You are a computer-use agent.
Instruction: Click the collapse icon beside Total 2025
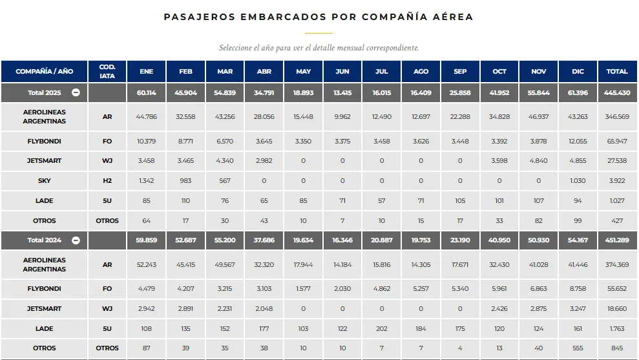[76, 92]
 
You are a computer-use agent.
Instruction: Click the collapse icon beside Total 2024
[76, 240]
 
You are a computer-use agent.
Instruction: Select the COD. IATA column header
[107, 71]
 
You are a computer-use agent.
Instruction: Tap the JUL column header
[382, 72]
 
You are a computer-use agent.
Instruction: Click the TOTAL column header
[617, 72]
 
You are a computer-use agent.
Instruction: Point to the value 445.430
[617, 92]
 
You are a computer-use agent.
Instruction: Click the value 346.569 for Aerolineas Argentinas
[617, 117]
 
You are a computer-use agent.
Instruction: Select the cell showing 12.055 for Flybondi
[578, 142]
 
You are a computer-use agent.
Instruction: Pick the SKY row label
[45, 181]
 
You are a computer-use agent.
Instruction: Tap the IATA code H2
[107, 181]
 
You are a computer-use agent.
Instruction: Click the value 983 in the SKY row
[186, 181]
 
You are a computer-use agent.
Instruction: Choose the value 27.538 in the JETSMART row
[617, 161]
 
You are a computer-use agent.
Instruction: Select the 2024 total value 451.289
[617, 240]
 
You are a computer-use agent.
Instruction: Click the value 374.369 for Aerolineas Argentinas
[617, 265]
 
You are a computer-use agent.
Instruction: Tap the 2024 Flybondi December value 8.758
[578, 289]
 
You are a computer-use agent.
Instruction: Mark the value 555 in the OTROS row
[578, 348]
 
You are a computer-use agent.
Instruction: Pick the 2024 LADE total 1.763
[617, 329]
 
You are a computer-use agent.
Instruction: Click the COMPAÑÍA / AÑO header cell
[45, 72]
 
